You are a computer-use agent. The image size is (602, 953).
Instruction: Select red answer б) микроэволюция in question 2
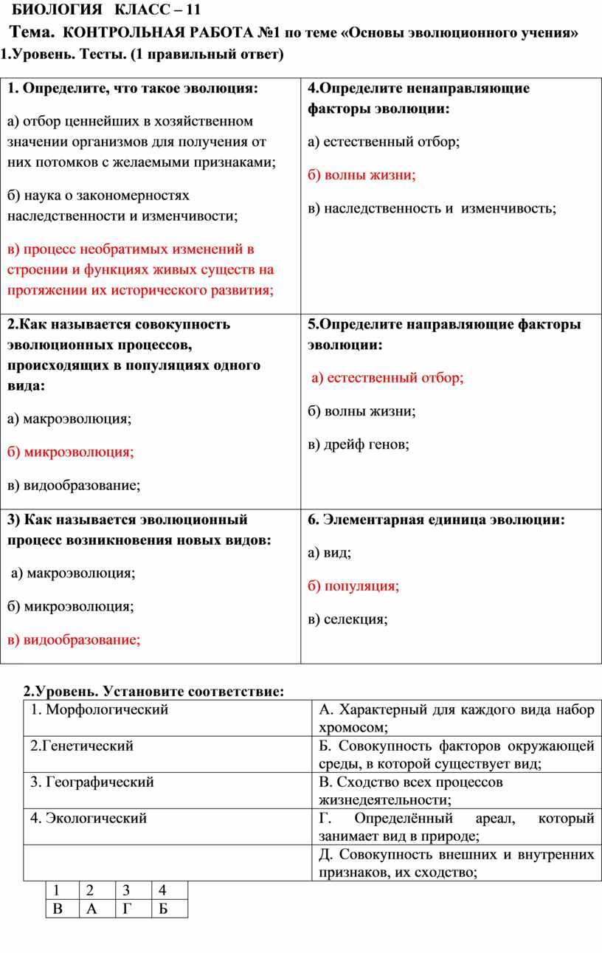71,452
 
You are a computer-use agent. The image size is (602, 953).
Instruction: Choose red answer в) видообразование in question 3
74,640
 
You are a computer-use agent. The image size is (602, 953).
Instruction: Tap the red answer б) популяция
353,586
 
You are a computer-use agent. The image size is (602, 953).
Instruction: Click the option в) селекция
347,619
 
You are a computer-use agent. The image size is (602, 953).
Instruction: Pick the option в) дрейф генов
359,444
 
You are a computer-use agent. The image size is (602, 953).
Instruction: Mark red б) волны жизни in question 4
361,175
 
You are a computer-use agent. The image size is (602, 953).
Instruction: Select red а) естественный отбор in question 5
387,378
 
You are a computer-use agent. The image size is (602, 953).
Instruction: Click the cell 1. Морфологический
100,710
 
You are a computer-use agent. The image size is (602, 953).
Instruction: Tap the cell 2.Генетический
82,746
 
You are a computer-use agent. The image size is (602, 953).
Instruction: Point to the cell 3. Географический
92,782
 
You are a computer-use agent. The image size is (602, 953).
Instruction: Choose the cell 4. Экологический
89,818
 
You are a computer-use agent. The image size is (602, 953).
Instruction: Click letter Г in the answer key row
126,909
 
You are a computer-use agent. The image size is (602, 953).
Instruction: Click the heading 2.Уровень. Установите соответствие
153,692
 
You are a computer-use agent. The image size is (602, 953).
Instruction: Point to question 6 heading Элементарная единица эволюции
436,520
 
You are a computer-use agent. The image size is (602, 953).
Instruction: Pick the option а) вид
330,553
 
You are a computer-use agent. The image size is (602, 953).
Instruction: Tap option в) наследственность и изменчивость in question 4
432,209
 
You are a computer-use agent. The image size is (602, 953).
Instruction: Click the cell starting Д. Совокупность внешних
456,864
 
